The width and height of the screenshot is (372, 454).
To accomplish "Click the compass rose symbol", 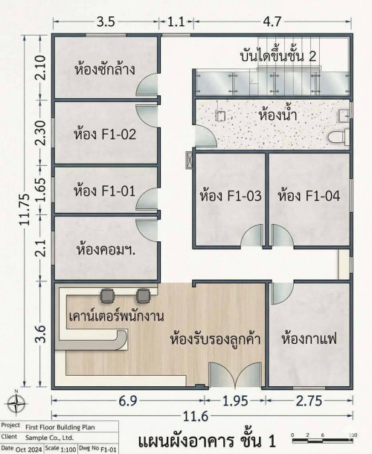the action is (x=16, y=402).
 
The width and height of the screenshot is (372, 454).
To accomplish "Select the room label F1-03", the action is (x=231, y=196).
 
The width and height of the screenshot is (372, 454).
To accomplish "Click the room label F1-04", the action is (x=309, y=196).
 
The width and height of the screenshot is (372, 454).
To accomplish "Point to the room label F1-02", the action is (x=105, y=135).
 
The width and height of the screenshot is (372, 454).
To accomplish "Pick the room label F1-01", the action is (x=104, y=191).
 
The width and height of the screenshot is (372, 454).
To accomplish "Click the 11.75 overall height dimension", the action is (x=25, y=209).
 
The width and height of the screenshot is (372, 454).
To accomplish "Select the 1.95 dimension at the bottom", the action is (x=235, y=401).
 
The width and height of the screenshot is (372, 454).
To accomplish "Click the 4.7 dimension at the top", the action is (x=272, y=22).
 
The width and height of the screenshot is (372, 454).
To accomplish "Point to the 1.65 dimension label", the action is (x=40, y=190).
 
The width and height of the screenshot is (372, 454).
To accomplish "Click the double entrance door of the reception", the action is (x=235, y=374).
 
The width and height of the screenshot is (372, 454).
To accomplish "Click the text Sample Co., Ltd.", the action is (x=50, y=438).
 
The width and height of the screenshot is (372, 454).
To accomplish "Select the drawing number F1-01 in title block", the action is (x=109, y=450).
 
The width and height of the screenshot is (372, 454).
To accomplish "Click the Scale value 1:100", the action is (x=68, y=450).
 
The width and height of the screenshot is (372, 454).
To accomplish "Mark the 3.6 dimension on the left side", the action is (x=41, y=334).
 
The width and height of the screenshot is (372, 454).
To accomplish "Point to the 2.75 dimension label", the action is (x=309, y=401).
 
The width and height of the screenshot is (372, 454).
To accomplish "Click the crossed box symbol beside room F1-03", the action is (x=189, y=160).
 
